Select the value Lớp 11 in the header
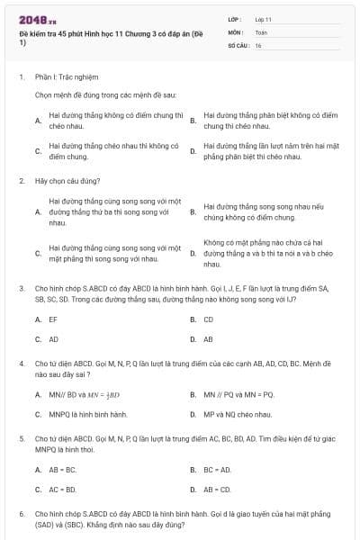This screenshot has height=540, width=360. [x=263, y=18]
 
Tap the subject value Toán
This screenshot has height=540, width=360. [x=260, y=31]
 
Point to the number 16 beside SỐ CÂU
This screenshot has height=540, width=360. [x=258, y=44]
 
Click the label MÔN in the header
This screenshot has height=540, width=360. [x=235, y=31]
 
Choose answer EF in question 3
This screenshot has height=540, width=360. [x=53, y=319]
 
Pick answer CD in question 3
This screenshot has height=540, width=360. [x=208, y=319]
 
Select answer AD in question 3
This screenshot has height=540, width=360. [x=54, y=339]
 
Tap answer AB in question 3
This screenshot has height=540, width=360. [x=208, y=339]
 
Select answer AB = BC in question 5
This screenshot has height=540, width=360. [x=63, y=470]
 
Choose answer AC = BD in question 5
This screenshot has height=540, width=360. [x=63, y=490]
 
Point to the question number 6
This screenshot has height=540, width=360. [x=21, y=513]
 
